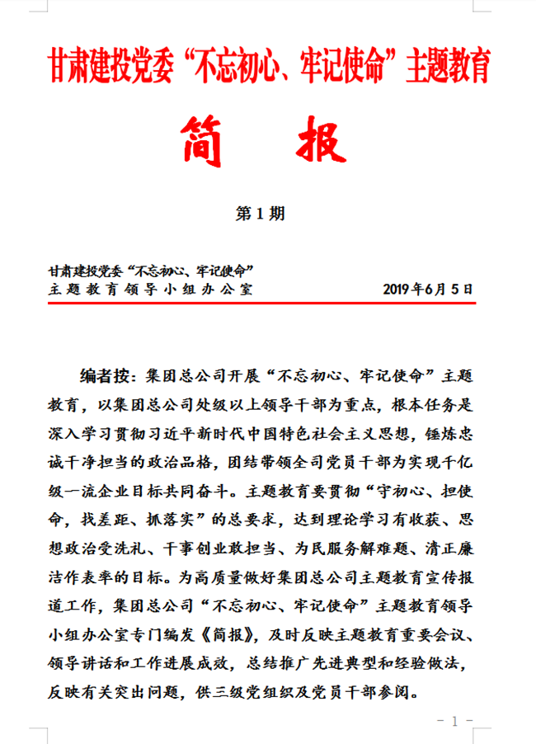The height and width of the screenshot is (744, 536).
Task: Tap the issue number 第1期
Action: click(x=261, y=214)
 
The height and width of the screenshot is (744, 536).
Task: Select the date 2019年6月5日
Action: click(x=429, y=290)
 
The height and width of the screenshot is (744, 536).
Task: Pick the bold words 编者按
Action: click(x=106, y=378)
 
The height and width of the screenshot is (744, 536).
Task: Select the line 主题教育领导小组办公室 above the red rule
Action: click(x=151, y=290)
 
